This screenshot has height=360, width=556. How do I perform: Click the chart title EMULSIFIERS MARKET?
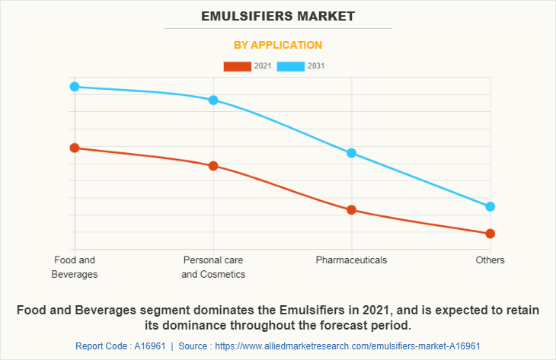click(x=278, y=15)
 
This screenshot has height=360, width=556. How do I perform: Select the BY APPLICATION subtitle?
click(x=278, y=45)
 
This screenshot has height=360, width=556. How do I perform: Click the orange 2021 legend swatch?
click(x=237, y=66)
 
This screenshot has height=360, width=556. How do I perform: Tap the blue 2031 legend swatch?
click(x=291, y=66)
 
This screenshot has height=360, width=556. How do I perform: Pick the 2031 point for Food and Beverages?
click(x=75, y=87)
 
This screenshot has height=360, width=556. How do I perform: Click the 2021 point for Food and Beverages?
click(x=75, y=148)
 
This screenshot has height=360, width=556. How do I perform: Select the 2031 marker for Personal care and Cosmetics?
click(x=213, y=100)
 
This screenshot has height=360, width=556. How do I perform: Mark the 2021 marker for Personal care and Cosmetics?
click(x=213, y=166)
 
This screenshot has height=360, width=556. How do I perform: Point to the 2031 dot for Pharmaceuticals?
click(x=352, y=153)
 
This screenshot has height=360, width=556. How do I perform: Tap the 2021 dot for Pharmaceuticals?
click(x=352, y=210)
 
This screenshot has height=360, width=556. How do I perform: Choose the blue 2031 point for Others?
click(x=490, y=206)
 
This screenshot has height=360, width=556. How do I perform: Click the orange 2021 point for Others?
click(x=490, y=234)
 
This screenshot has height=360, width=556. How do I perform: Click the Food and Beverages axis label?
click(x=75, y=267)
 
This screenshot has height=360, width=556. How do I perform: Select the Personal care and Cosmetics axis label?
click(x=213, y=267)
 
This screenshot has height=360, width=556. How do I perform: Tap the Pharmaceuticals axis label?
click(x=352, y=260)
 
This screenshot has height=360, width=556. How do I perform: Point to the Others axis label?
click(x=490, y=260)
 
